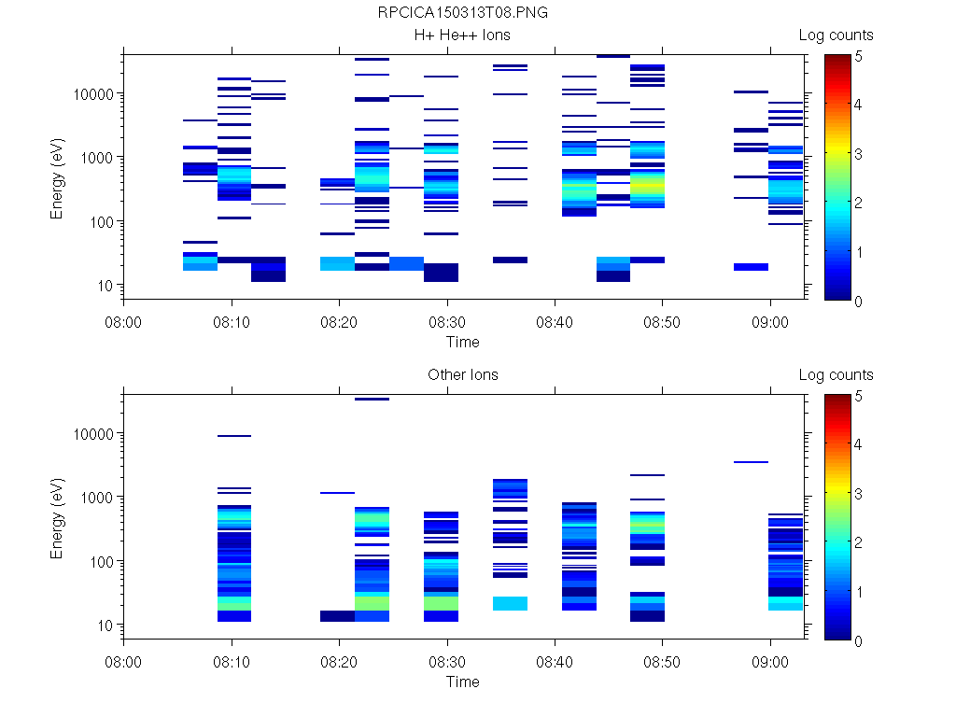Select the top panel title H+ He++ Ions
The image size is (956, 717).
pos(462,35)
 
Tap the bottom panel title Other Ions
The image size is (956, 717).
pos(462,375)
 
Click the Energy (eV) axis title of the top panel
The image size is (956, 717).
pos(58,177)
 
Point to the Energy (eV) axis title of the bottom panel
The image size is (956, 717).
pos(58,517)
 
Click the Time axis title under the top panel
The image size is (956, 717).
pos(462,342)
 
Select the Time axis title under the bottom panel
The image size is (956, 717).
pos(462,682)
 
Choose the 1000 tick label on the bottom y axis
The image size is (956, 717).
pos(98,498)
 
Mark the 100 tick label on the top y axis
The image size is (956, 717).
pos(102,222)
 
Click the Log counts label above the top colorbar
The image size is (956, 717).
pos(836,35)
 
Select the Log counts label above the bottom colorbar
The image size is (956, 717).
pos(836,375)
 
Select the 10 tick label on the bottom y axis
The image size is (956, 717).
pos(105,626)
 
